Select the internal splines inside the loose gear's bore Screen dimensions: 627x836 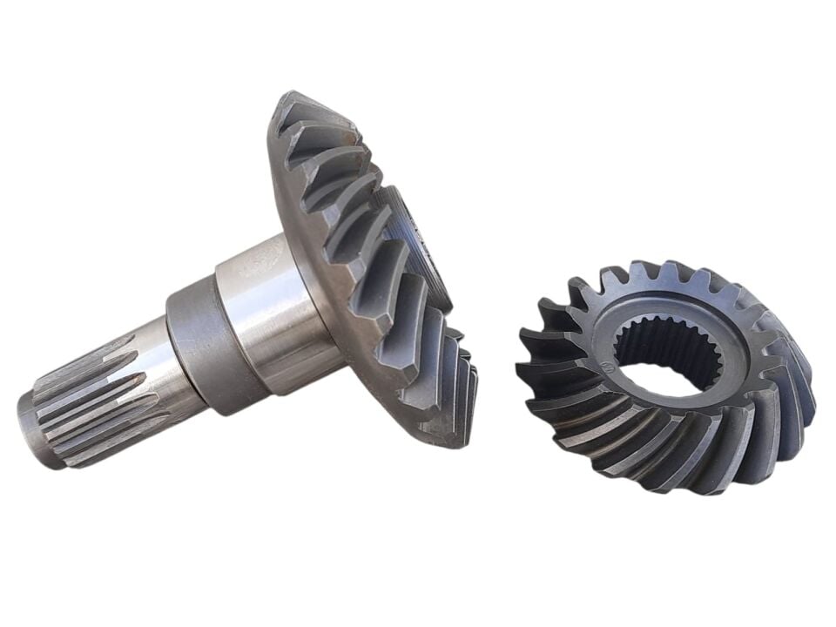(x=662, y=335)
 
